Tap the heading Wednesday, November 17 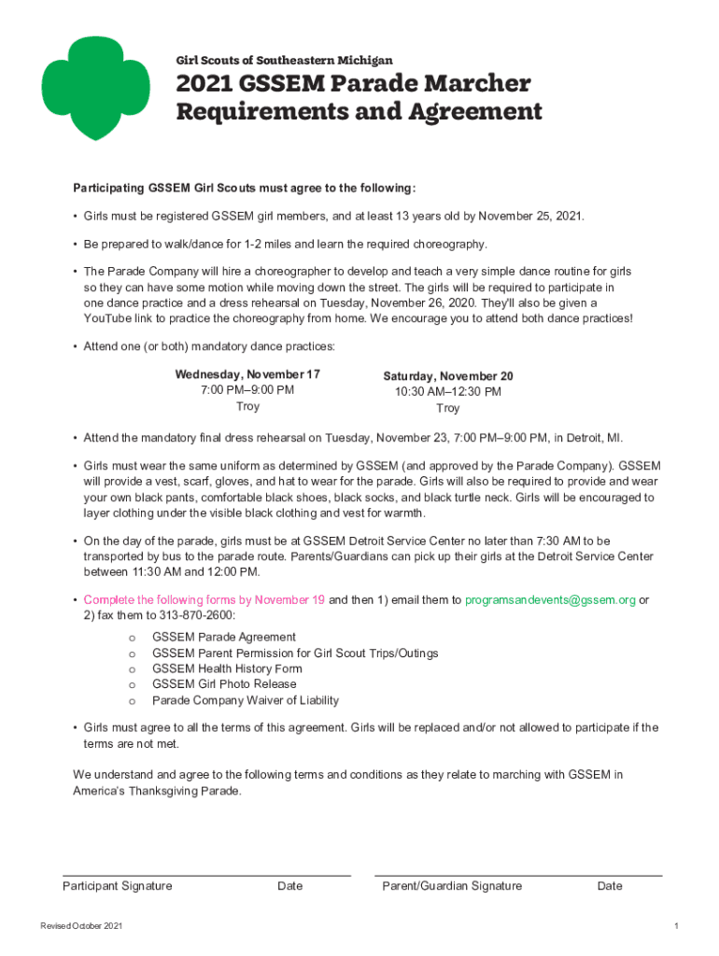click(x=247, y=374)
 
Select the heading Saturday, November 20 click(x=447, y=376)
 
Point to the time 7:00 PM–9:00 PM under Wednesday click(x=247, y=390)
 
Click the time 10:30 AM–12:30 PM click(x=447, y=392)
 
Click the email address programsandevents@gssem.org click(x=550, y=600)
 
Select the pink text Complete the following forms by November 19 click(x=204, y=600)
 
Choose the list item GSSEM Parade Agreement click(x=224, y=637)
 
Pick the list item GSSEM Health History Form click(x=227, y=668)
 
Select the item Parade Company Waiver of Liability click(x=246, y=700)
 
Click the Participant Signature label click(x=117, y=886)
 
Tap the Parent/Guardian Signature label click(x=452, y=886)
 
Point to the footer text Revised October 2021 click(x=81, y=925)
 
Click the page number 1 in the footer click(x=675, y=925)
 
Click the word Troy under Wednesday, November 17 click(x=247, y=407)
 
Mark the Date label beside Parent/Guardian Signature click(x=610, y=886)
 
